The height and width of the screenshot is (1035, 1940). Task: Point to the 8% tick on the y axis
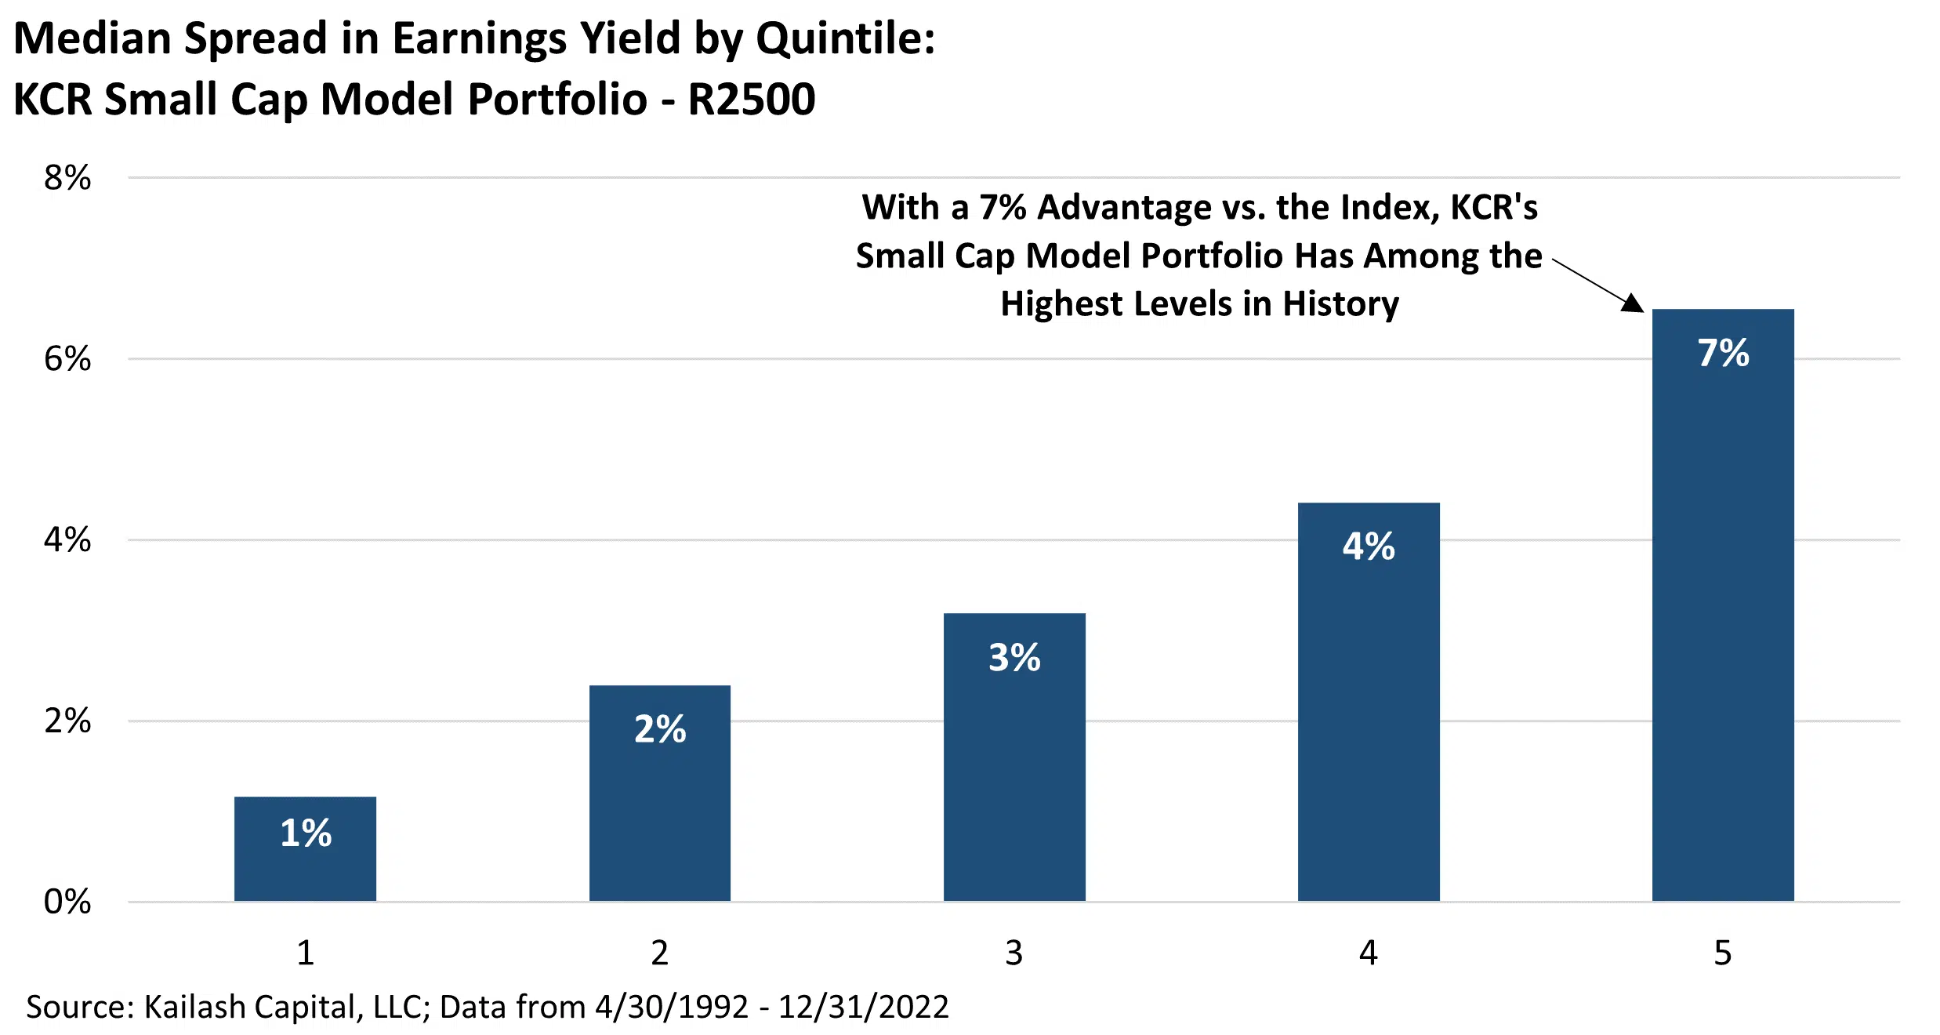pyautogui.click(x=67, y=178)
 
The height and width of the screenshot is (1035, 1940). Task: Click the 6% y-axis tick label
pyautogui.click(x=67, y=359)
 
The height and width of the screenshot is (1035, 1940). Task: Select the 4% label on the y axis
pyautogui.click(x=67, y=540)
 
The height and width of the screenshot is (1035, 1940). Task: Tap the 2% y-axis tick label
pyautogui.click(x=67, y=721)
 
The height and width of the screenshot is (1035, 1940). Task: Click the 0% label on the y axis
pyautogui.click(x=67, y=902)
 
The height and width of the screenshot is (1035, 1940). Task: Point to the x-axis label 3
pyautogui.click(x=1014, y=953)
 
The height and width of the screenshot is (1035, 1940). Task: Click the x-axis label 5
pyautogui.click(x=1723, y=953)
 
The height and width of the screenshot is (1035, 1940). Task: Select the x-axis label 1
pyautogui.click(x=305, y=953)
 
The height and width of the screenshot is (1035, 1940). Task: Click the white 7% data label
pyautogui.click(x=1723, y=353)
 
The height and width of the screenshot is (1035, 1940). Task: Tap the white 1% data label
pyautogui.click(x=306, y=833)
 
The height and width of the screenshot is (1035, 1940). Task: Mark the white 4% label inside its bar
pyautogui.click(x=1369, y=547)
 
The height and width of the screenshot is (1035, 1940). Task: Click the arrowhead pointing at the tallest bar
pyautogui.click(x=1633, y=303)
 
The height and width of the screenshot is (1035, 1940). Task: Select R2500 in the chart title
pyautogui.click(x=751, y=100)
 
